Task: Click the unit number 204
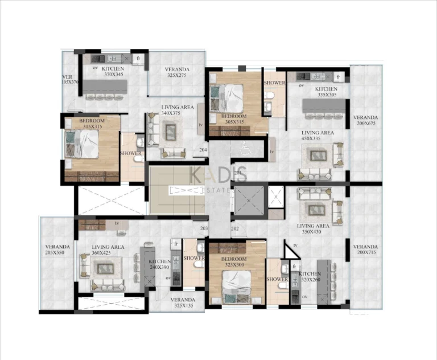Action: click(203, 150)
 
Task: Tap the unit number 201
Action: click(238, 173)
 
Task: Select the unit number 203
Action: click(204, 229)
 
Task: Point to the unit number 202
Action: click(235, 229)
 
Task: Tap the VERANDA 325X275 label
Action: click(177, 72)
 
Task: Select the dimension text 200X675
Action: click(365, 124)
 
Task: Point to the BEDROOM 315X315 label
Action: click(91, 124)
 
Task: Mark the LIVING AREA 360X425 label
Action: click(108, 251)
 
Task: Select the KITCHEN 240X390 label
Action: click(159, 264)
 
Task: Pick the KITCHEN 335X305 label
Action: click(326, 92)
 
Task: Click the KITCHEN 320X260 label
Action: click(310, 277)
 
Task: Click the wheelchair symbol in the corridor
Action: click(245, 149)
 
